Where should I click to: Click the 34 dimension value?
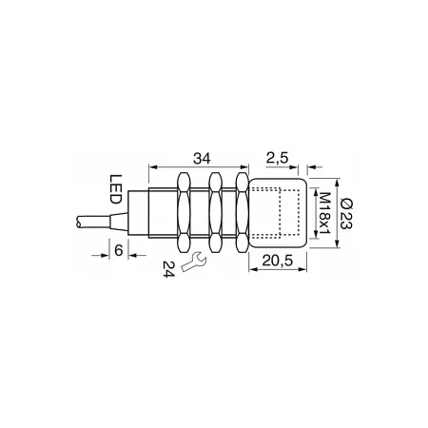coord(202,158)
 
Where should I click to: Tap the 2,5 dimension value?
coord(278,158)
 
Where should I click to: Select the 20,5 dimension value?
coord(278,261)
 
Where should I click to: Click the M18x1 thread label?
coord(324,213)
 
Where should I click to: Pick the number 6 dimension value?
coord(118,250)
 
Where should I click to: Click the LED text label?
coord(115,189)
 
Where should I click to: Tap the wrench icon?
coord(194,261)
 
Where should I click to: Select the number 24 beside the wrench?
coord(168,269)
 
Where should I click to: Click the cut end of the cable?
coord(78,221)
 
